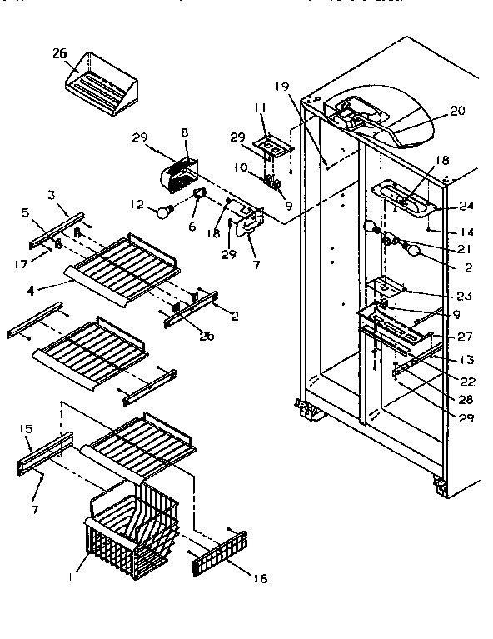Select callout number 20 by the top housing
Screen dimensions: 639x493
click(x=456, y=110)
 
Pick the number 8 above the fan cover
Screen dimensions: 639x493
click(x=184, y=132)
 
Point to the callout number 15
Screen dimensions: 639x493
click(x=24, y=428)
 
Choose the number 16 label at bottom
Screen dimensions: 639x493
click(x=260, y=578)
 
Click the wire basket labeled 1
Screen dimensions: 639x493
click(x=129, y=533)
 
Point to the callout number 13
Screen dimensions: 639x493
click(x=466, y=360)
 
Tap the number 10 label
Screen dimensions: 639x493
click(x=242, y=167)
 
